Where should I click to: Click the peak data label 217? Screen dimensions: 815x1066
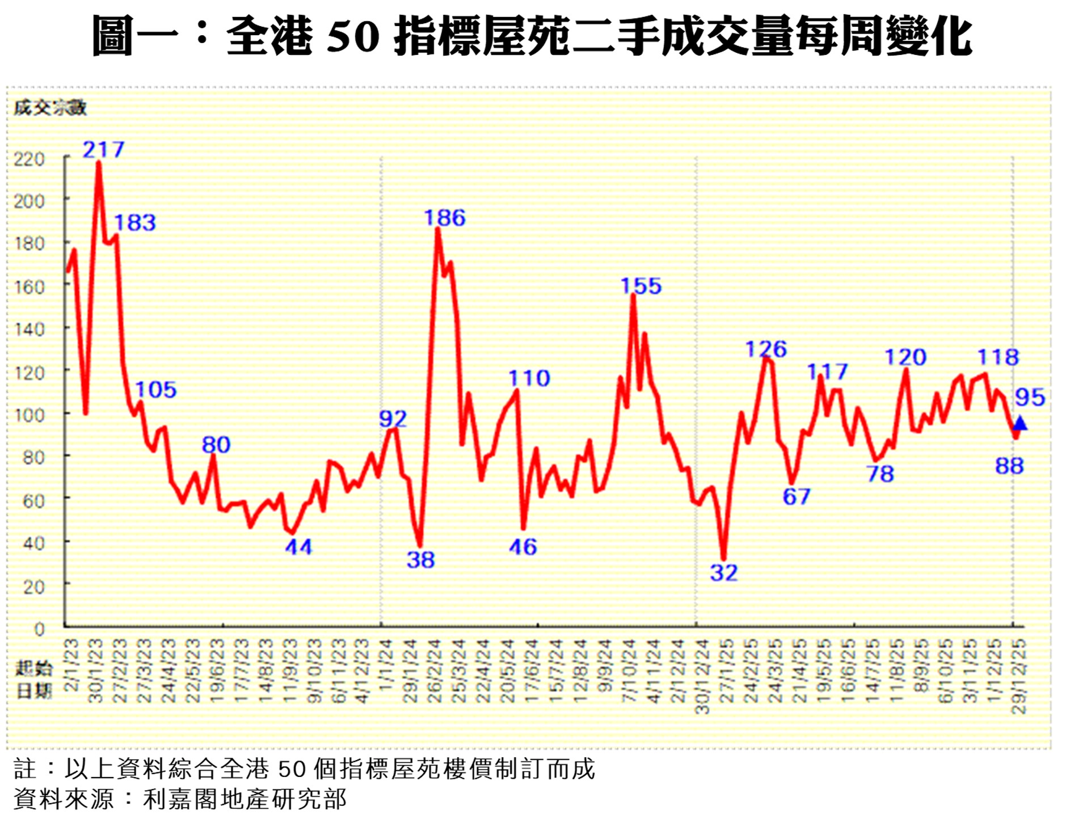pos(103,149)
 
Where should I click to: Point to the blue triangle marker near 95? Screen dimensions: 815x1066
pos(1020,423)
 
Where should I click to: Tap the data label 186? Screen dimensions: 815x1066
pos(445,218)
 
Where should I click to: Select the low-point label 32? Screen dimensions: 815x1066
pos(724,573)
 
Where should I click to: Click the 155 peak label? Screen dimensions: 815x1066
pos(641,286)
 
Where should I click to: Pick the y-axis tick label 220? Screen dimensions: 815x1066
pos(29,159)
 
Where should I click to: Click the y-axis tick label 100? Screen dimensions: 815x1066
pos(29,415)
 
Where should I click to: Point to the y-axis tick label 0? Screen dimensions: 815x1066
pos(39,628)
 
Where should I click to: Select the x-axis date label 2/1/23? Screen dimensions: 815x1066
pos(71,665)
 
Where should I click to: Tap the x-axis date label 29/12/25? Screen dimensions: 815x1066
pos(1019,676)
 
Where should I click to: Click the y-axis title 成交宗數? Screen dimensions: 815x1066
pos(50,107)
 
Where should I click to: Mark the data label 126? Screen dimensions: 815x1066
pos(766,349)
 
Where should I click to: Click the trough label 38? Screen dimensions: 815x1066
pos(420,560)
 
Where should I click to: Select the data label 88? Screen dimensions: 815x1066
pos(1009,466)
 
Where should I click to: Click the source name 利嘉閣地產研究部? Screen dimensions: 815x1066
pos(245,799)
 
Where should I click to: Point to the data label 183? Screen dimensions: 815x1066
pos(135,222)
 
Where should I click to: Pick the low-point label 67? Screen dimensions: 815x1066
pos(797,496)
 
